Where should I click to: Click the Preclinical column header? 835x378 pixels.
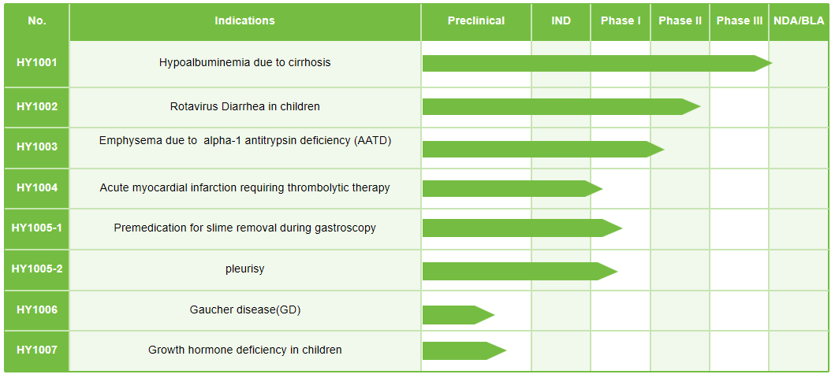476,21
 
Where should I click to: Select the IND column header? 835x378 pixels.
561,21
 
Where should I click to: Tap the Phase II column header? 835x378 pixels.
680,21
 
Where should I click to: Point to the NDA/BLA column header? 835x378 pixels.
799,21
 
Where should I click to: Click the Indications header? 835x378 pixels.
245,21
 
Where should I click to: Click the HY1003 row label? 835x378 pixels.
37,146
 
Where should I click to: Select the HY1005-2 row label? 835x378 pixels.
37,269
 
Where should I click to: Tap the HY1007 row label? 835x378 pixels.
37,350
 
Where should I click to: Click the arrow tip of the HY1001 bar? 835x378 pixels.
772,63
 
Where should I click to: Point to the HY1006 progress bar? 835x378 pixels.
459,315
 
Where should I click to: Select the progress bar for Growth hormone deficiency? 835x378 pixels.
464,351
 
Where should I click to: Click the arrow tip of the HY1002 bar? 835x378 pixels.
699,106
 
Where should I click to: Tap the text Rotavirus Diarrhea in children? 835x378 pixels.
245,106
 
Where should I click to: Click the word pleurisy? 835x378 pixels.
245,269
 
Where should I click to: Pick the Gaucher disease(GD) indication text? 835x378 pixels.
245,309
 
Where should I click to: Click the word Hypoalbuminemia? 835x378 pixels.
199,63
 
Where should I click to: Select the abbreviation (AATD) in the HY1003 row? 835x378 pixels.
373,141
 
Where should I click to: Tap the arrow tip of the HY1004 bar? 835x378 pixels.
602,189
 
